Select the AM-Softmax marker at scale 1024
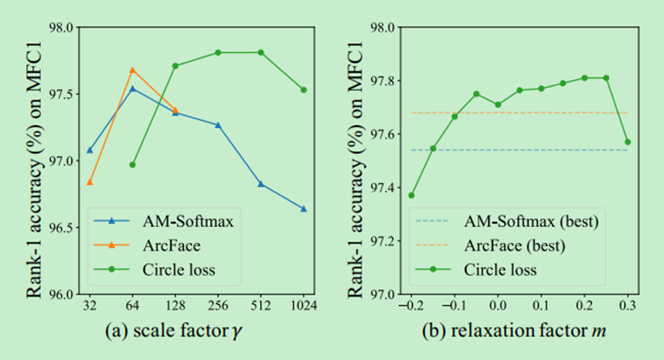click(x=303, y=209)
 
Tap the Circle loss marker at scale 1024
click(x=303, y=90)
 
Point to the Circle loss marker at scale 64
click(x=132, y=164)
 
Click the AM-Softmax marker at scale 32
click(x=90, y=150)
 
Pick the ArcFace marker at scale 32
click(x=90, y=182)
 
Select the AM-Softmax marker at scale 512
click(x=261, y=183)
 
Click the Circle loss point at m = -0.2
click(x=411, y=195)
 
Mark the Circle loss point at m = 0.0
click(x=497, y=104)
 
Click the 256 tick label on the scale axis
click(x=218, y=306)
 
